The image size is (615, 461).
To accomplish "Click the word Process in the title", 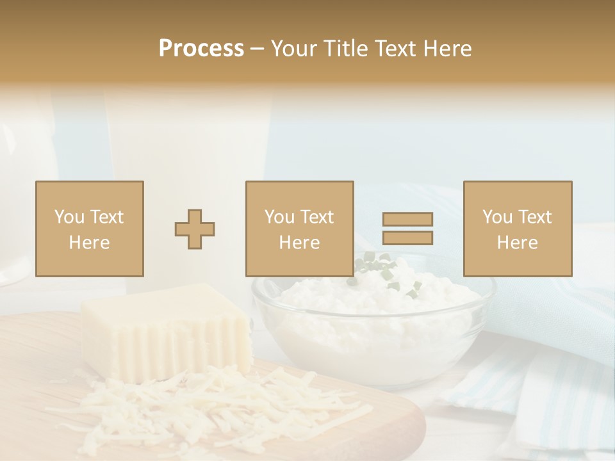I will (201, 49).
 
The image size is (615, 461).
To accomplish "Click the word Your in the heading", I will (294, 49).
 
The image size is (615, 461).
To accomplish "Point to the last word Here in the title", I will (447, 49).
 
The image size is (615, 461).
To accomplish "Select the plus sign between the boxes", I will (195, 229).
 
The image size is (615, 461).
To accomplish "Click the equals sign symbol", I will (407, 229).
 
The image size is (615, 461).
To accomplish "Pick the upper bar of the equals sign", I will (407, 219).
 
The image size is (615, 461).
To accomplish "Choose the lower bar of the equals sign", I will (407, 238).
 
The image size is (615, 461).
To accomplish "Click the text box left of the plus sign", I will (89, 229).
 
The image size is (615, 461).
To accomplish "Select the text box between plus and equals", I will (299, 229).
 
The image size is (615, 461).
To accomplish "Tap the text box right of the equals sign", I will (517, 229).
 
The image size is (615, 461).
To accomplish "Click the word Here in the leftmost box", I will (89, 242).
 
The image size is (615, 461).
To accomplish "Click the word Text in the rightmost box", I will (534, 217).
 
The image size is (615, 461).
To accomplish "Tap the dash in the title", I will (258, 49).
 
